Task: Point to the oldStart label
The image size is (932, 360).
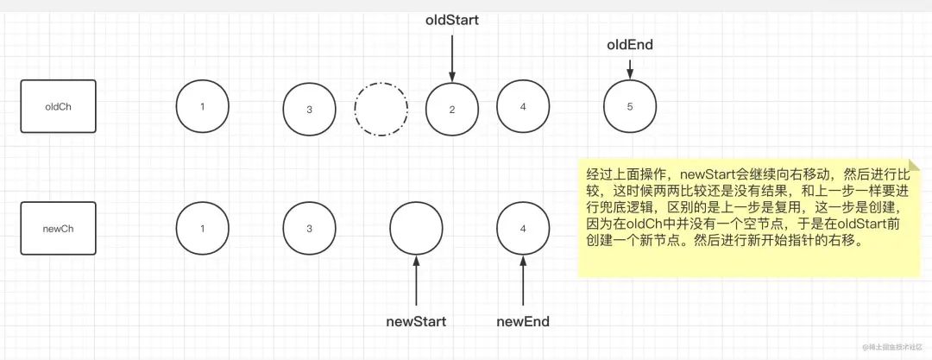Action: (452, 20)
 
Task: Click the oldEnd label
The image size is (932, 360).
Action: (630, 45)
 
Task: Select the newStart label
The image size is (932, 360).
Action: (416, 322)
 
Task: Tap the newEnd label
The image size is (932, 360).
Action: (523, 322)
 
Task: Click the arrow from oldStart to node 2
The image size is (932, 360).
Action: (452, 59)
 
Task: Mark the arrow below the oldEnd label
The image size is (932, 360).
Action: (630, 68)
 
